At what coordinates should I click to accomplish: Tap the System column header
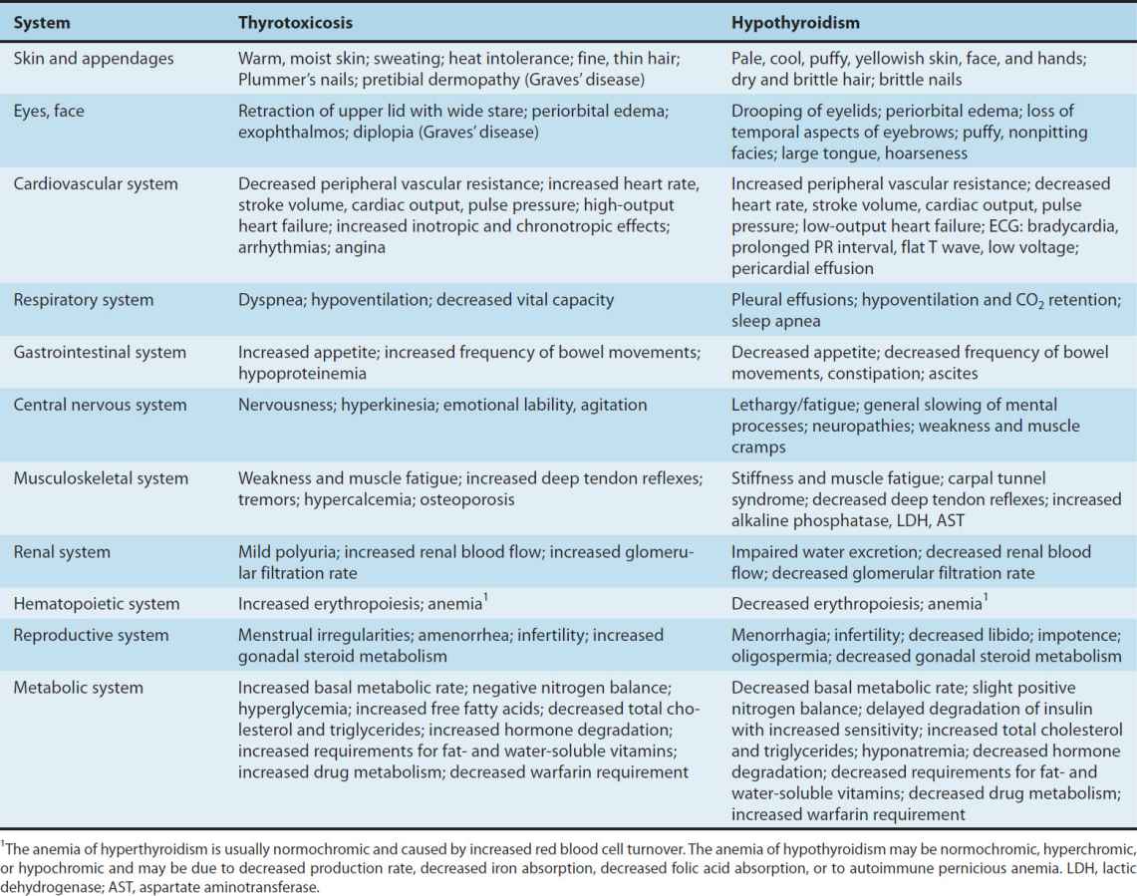[x=42, y=21]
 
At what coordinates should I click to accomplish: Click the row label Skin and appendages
[x=94, y=59]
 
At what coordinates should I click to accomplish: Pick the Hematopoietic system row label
[x=97, y=603]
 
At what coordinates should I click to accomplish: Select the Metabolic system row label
[x=79, y=688]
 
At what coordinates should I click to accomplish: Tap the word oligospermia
[x=779, y=656]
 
